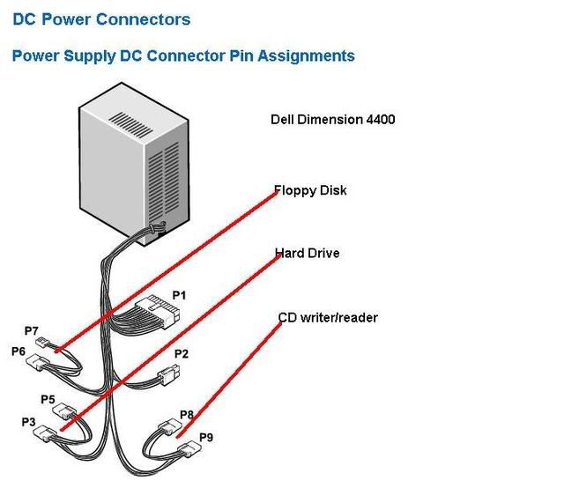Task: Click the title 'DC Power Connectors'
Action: [100, 18]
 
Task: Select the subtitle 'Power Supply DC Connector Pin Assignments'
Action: [183, 56]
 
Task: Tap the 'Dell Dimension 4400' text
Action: [332, 119]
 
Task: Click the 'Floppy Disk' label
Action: [310, 190]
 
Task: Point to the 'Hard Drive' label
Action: [307, 254]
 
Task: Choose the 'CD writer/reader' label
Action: [328, 317]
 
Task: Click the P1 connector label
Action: [179, 296]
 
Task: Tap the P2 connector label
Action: [182, 354]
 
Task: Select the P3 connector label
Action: [29, 422]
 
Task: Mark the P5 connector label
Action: [48, 399]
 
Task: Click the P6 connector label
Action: [19, 351]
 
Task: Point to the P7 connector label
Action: [32, 331]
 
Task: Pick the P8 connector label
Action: [186, 414]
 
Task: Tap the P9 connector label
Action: [206, 436]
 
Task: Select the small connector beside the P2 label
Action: [164, 379]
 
